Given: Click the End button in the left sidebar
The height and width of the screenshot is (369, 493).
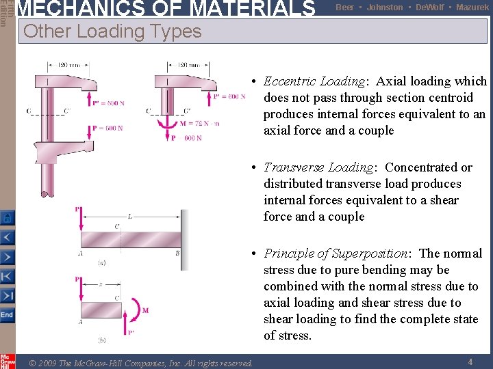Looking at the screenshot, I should point(7,315).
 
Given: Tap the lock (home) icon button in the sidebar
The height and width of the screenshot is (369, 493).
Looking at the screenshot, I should point(7,218).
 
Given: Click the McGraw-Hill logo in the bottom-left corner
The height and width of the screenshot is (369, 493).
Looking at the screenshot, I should point(8,361).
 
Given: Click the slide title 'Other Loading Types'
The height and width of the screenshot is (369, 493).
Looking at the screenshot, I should point(112,31).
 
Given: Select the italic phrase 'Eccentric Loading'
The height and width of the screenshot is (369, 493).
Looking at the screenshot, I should point(316,81).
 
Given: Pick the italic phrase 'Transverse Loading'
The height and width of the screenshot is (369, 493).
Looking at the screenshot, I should point(318,167).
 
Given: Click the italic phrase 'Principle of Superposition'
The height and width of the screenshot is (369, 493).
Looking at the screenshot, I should point(336,254).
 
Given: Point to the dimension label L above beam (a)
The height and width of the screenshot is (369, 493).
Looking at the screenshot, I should point(129,216).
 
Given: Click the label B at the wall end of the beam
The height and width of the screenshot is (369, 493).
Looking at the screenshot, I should point(177,254).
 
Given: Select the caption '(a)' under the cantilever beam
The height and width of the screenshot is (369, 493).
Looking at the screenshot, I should point(101,262).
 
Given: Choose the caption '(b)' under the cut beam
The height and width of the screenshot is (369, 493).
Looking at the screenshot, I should point(101,340).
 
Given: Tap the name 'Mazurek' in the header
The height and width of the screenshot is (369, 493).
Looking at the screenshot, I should point(472,8).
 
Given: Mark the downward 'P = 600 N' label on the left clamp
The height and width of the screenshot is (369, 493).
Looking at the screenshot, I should point(108,128).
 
